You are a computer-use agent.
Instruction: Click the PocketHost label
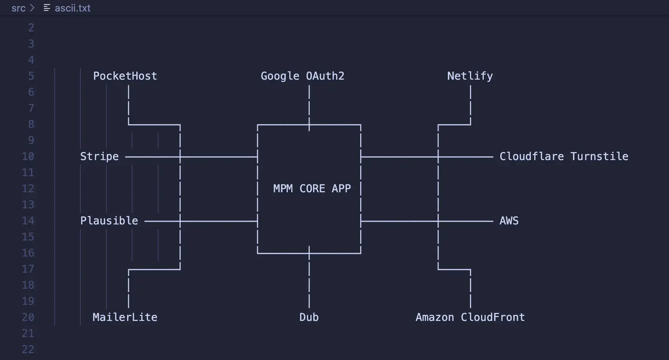click(x=125, y=76)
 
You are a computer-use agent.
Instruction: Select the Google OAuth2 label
click(x=302, y=76)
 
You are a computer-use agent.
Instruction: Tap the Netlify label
click(x=470, y=76)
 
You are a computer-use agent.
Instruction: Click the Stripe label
click(x=99, y=156)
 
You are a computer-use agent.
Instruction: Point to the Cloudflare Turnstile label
click(x=563, y=156)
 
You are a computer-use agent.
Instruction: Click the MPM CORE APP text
click(x=312, y=188)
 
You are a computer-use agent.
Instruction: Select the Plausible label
click(x=109, y=221)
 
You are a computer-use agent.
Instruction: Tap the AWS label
click(x=509, y=221)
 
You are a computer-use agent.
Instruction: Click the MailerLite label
click(x=125, y=317)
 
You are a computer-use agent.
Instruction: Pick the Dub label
click(x=309, y=317)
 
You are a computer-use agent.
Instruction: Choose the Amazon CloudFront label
click(x=470, y=317)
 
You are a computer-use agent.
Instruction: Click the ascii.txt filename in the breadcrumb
click(x=72, y=8)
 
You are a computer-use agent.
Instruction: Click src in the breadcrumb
click(x=18, y=8)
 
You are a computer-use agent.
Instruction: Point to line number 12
click(x=28, y=188)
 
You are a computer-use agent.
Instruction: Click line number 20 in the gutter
click(x=28, y=317)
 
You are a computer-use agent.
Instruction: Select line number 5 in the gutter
click(x=31, y=76)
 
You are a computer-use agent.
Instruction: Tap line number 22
click(x=28, y=349)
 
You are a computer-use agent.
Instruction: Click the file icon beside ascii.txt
click(x=47, y=8)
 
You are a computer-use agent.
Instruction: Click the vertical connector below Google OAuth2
click(x=309, y=103)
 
